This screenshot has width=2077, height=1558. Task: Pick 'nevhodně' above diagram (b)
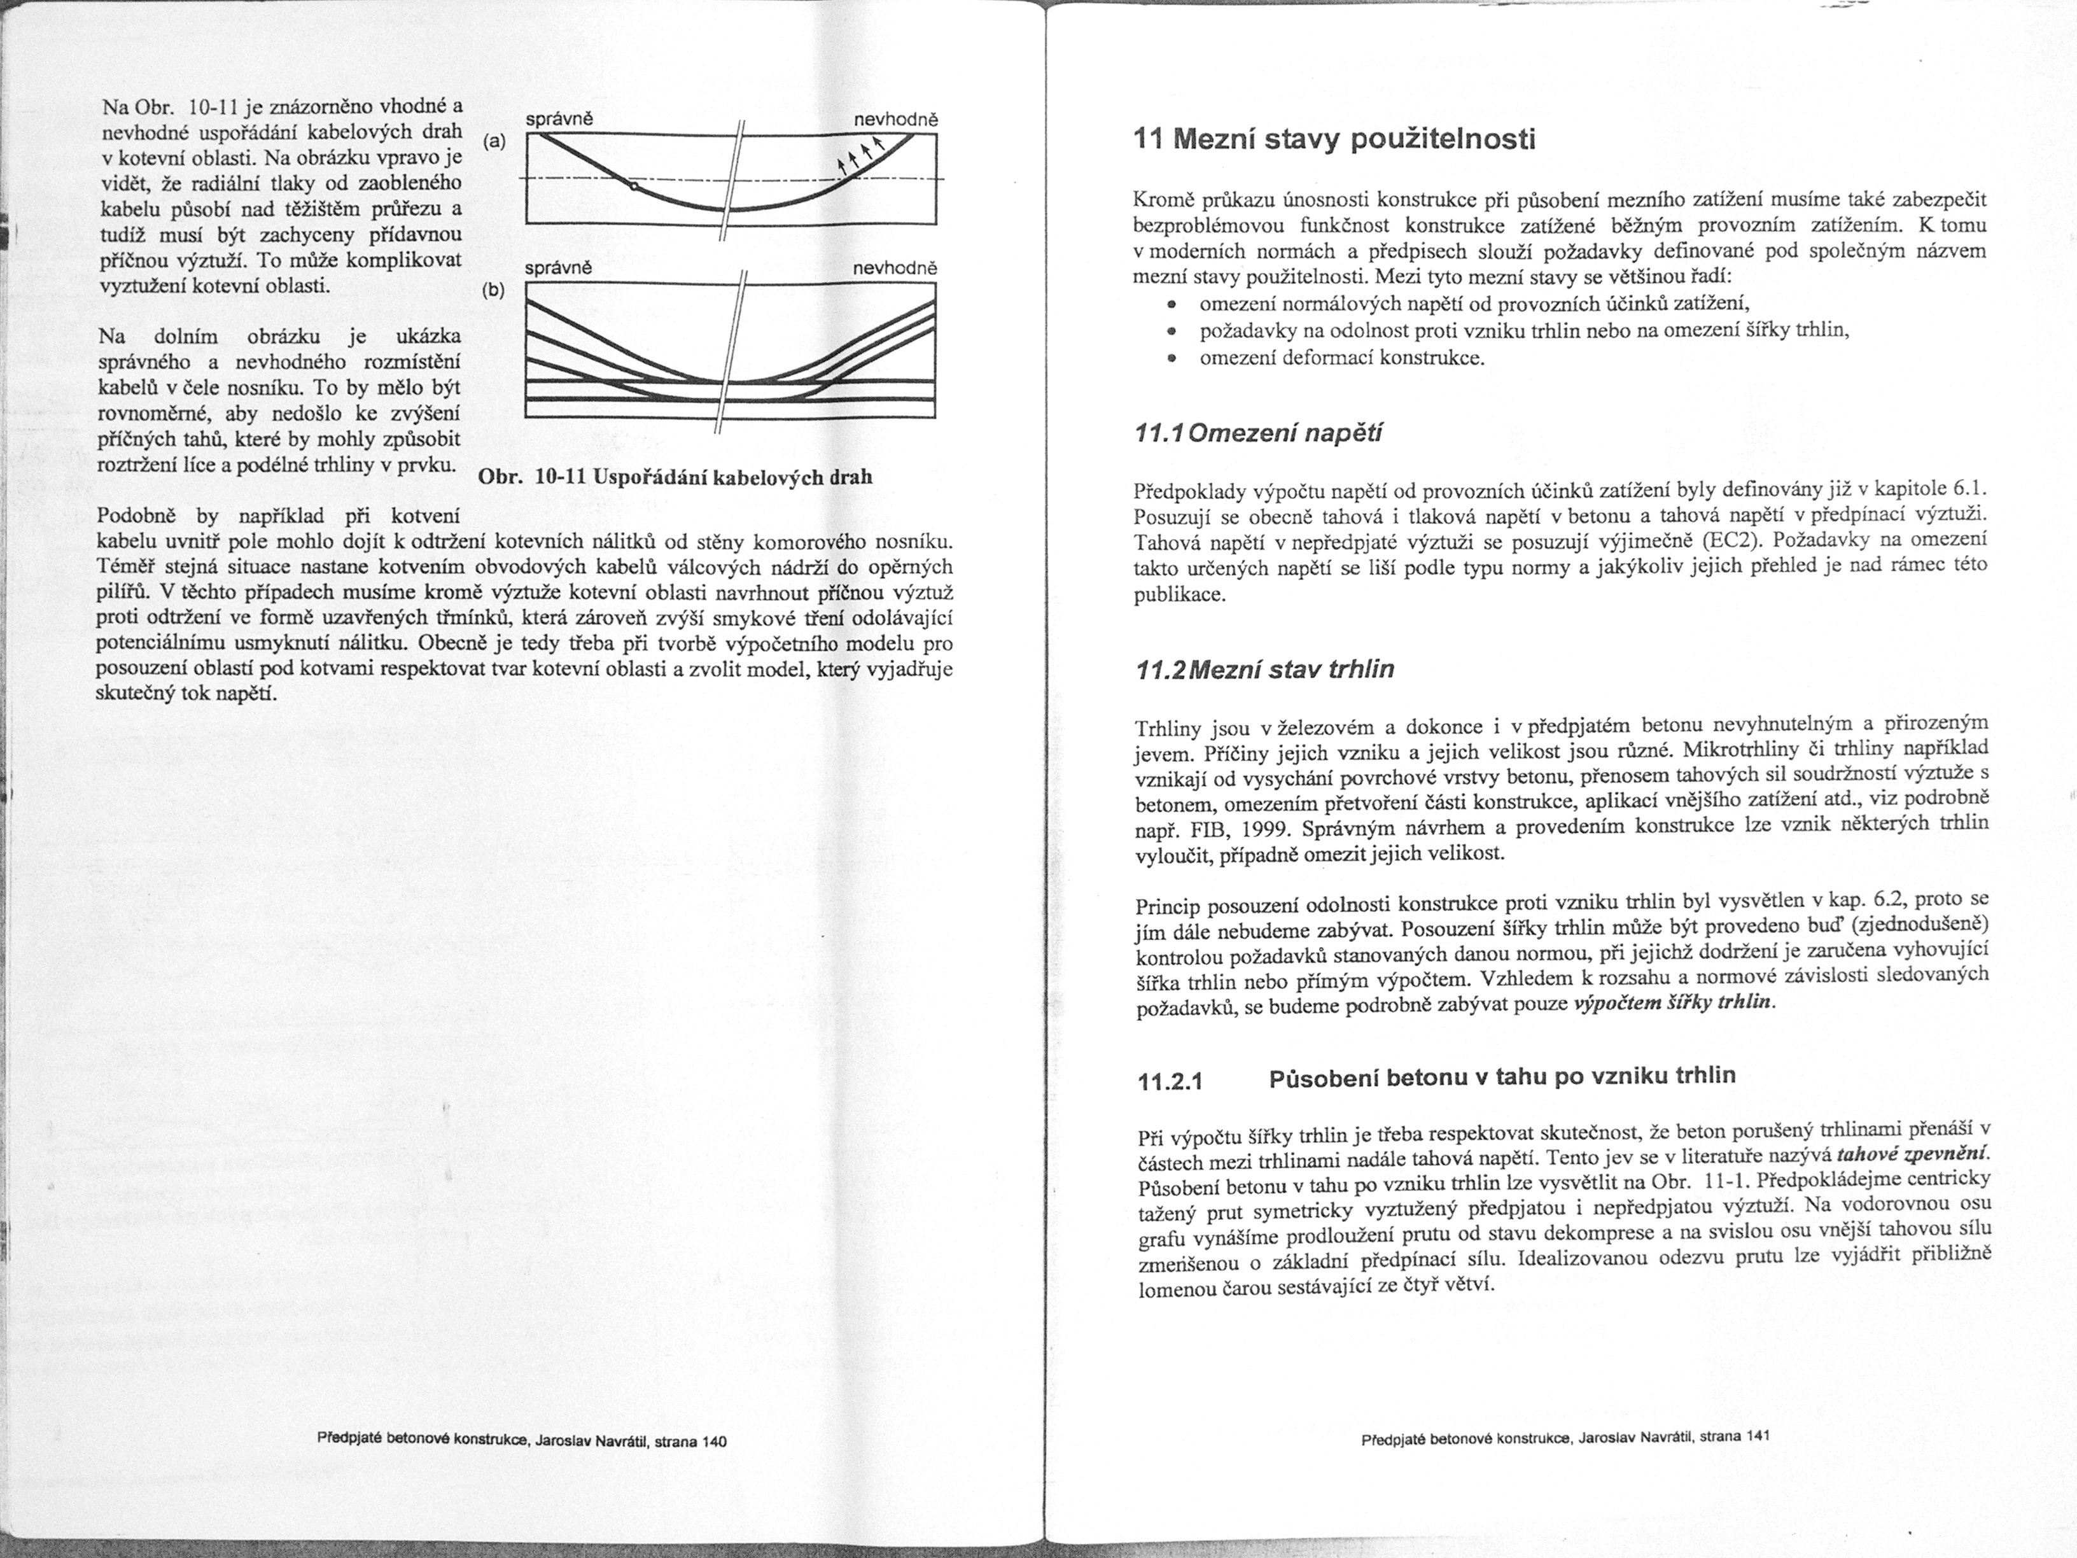point(895,268)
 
